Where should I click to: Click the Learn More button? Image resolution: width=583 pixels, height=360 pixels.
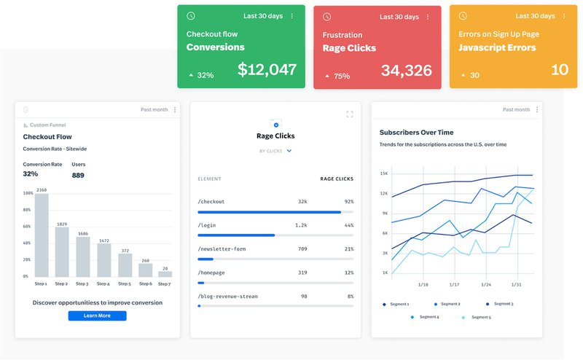pos(97,316)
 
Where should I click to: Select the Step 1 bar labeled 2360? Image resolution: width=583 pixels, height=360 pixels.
pos(42,235)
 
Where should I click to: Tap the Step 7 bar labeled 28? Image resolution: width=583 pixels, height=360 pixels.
pos(165,274)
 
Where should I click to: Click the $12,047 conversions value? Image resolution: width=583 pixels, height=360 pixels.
pos(267,70)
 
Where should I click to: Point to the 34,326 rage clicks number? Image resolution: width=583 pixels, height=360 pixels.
pos(406,71)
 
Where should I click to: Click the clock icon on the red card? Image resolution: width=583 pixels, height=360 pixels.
pos(327,16)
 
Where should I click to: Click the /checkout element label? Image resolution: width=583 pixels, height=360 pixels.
pos(211,201)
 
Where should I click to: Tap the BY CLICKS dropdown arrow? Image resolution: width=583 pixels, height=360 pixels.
pos(289,151)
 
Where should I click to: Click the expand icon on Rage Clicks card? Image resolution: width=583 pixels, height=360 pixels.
pos(349,114)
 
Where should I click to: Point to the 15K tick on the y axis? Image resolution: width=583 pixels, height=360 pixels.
pos(383,174)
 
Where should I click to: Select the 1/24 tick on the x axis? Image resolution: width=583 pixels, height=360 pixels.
pos(486,284)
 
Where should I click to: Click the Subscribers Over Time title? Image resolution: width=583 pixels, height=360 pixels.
pos(416,133)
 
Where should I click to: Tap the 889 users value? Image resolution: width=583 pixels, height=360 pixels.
pos(78,175)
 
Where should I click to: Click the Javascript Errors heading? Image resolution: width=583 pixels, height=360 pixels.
pos(497,48)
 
